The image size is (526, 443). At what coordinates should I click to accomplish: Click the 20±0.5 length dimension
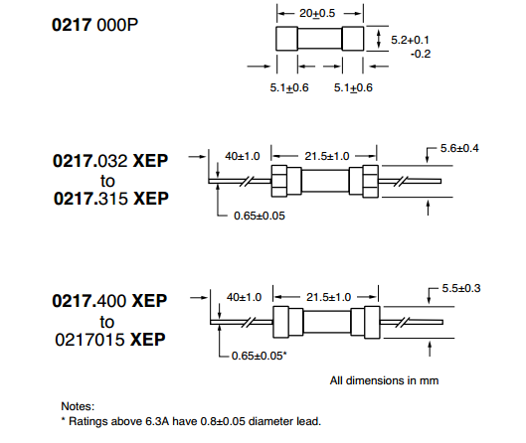point(317,13)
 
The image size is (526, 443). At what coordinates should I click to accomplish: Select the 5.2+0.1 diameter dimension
point(410,40)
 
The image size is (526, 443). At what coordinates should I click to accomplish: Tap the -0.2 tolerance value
point(421,54)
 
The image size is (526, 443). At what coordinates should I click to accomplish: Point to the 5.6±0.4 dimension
point(459,148)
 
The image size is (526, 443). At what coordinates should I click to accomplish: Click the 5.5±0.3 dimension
point(461,288)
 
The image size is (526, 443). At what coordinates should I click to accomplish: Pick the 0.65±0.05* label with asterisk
point(259,356)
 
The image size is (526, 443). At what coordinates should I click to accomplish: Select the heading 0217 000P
point(94,25)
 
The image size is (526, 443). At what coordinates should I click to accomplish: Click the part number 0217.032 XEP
point(110,161)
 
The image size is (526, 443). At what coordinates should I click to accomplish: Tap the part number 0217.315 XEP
point(111,199)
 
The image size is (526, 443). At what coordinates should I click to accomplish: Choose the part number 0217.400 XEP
point(109,301)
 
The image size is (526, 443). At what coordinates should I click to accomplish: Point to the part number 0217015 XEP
point(110,340)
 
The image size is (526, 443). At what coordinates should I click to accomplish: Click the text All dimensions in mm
point(384,380)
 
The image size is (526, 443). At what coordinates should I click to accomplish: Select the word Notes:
point(78,406)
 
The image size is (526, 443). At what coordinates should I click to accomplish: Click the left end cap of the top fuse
point(286,39)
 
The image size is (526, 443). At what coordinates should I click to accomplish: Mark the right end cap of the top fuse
point(353,39)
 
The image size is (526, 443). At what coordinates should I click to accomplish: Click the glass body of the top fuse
point(320,39)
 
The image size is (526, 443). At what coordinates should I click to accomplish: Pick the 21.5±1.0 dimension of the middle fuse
point(327,156)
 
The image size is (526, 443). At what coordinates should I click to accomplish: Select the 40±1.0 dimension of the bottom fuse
point(244,297)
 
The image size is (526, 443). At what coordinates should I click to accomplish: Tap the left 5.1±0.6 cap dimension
point(289,87)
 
